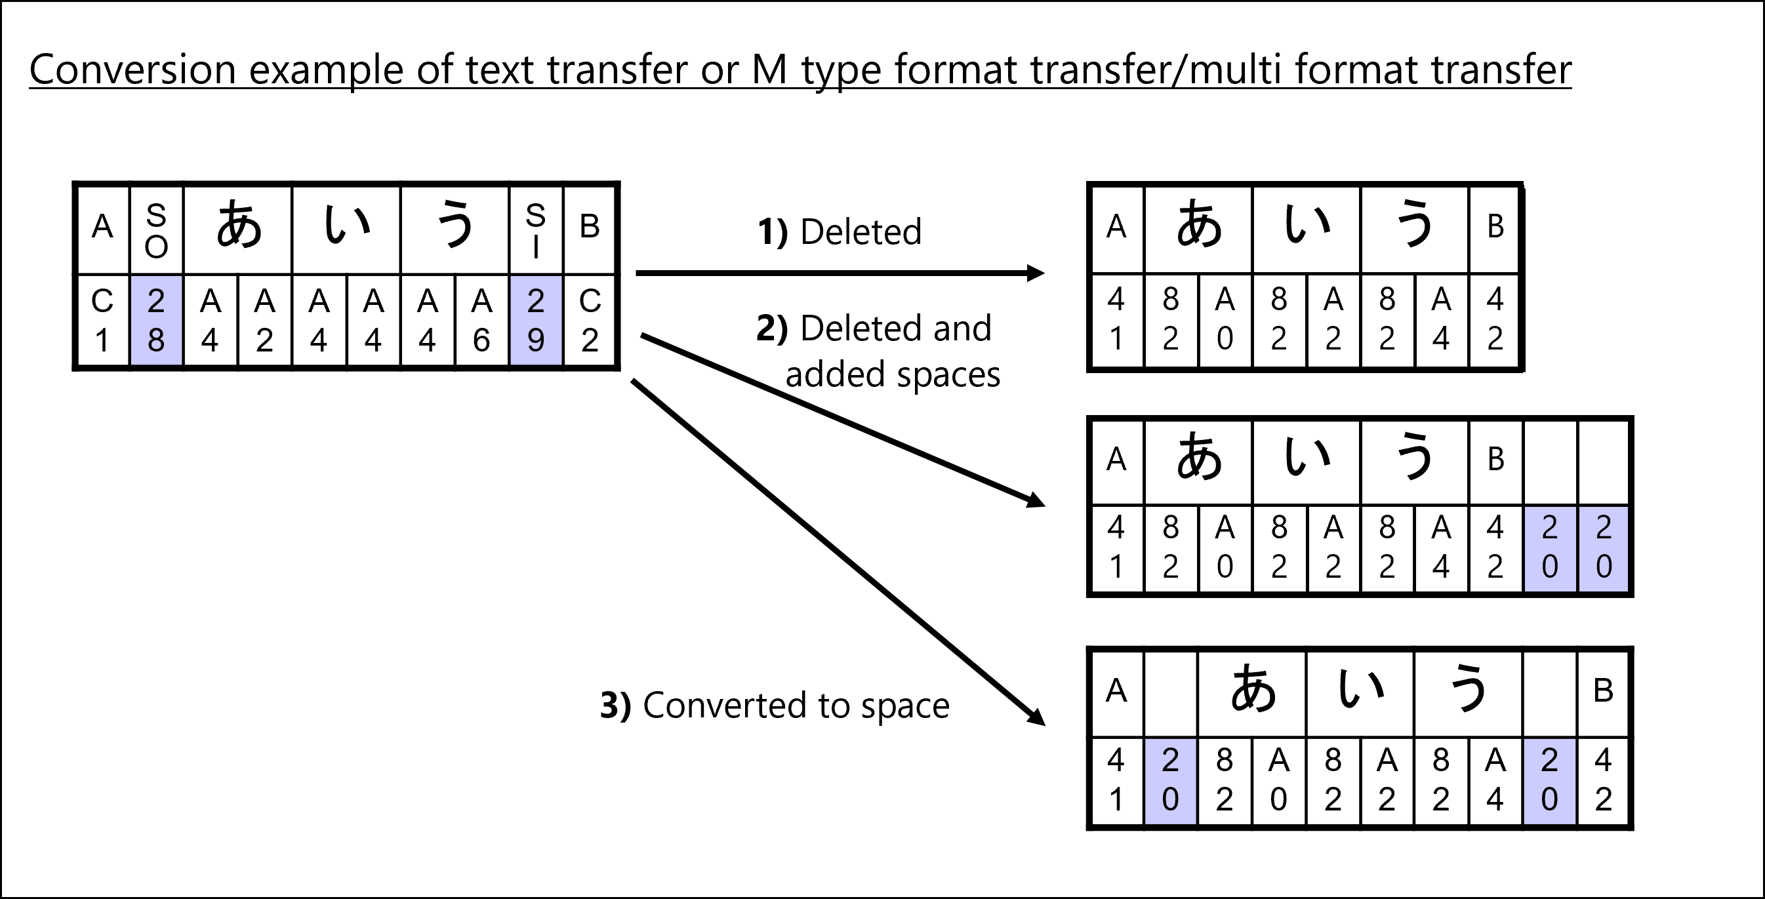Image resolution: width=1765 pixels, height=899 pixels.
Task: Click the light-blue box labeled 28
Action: pos(156,320)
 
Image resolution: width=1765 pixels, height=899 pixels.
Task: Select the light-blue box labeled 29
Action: pos(536,320)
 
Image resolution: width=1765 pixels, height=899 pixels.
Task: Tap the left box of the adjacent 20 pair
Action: pos(1549,549)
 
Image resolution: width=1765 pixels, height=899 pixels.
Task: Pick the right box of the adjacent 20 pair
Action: pos(1603,549)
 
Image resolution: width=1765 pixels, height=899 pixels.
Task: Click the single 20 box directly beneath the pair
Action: pos(1549,781)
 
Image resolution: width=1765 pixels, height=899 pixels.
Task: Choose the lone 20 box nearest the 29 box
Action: pos(1170,781)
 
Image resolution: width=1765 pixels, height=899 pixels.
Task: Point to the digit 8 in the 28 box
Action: pos(156,340)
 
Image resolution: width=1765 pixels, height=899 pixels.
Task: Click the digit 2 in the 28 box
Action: pos(156,301)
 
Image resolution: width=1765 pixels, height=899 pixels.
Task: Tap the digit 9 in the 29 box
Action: pos(536,340)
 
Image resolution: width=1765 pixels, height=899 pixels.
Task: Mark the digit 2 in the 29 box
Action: pos(536,301)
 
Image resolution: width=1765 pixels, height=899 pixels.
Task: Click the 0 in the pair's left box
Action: pos(1550,567)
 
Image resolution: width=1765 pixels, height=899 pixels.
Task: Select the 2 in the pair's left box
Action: pos(1550,528)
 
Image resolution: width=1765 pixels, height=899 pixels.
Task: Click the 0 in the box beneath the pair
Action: pos(1550,799)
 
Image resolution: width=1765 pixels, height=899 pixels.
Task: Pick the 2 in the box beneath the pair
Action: pos(1550,761)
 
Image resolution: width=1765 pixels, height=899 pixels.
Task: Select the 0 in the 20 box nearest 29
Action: pos(1170,799)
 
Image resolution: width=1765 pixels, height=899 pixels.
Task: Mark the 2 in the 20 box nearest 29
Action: pos(1170,761)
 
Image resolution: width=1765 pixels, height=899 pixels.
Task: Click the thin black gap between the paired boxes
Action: pos(1577,549)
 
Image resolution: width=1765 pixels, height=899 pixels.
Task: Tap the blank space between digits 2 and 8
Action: pos(156,321)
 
